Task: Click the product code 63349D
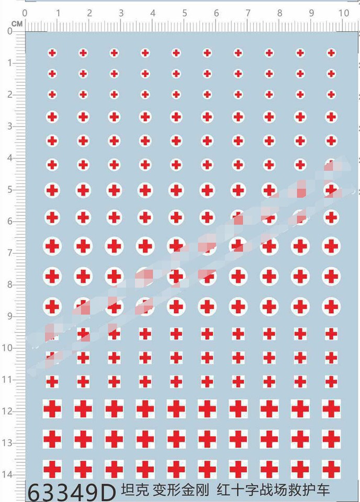pos(71,492)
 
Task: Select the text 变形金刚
pos(181,490)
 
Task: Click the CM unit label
pos(17,24)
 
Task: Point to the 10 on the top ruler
pos(343,13)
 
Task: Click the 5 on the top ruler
pos(185,13)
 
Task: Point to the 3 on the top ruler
pos(121,13)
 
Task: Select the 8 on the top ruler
pos(280,13)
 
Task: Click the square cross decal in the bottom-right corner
pos(331,470)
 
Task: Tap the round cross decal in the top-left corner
pos(52,52)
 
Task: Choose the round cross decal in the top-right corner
pos(331,52)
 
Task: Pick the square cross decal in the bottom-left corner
pos(52,470)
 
